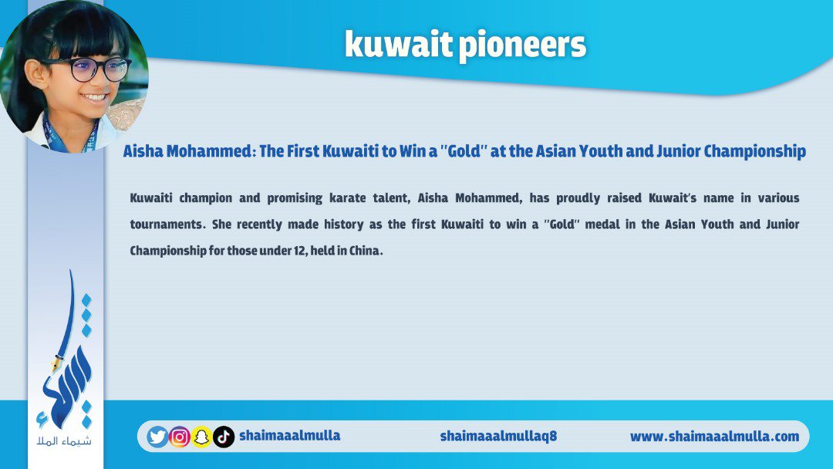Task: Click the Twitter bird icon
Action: pyautogui.click(x=157, y=437)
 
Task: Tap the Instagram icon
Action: pyautogui.click(x=180, y=437)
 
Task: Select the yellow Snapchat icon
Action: pyautogui.click(x=201, y=437)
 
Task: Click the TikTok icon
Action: pyautogui.click(x=224, y=437)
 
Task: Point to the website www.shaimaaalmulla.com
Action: pyautogui.click(x=714, y=437)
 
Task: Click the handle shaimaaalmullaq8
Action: pyautogui.click(x=498, y=436)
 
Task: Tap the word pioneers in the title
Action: pyautogui.click(x=522, y=46)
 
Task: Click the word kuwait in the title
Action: pyautogui.click(x=399, y=43)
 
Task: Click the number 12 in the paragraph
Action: pyautogui.click(x=299, y=250)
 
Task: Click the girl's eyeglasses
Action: pyautogui.click(x=89, y=69)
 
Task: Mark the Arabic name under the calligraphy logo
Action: pyautogui.click(x=64, y=441)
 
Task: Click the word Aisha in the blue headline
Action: pyautogui.click(x=143, y=151)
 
